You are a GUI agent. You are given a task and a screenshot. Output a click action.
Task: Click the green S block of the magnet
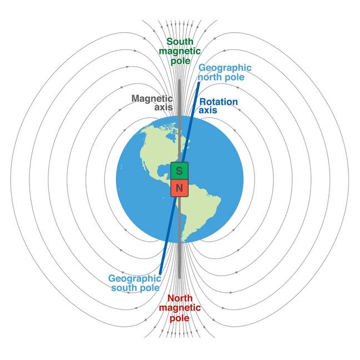(179, 171)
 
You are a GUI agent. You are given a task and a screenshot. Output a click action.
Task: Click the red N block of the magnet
(179, 188)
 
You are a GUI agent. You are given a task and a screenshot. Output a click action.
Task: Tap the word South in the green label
(180, 42)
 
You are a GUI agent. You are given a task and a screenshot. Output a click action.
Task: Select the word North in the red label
(180, 298)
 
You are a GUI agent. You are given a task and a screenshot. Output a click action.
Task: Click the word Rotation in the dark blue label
(218, 102)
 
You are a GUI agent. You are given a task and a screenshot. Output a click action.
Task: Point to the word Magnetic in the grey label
(152, 99)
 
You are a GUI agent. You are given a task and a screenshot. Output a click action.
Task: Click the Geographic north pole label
(225, 73)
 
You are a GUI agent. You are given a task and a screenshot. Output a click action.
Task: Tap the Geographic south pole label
(135, 283)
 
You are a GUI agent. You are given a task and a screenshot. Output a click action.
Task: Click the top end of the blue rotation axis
(199, 83)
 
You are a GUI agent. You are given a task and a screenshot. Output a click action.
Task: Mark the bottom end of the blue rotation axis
(160, 273)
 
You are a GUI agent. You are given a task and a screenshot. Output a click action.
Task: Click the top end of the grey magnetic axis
(179, 80)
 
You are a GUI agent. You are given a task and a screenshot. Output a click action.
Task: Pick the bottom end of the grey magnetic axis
(179, 278)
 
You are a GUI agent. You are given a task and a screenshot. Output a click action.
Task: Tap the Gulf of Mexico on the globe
(163, 171)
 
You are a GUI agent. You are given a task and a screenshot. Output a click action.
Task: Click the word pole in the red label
(180, 318)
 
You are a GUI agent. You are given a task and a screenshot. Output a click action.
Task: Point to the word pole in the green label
(181, 61)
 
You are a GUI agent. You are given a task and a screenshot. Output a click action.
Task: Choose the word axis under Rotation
(208, 111)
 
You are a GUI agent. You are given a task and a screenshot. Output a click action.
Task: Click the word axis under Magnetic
(163, 107)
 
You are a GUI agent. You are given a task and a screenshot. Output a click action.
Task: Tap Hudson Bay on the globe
(171, 137)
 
